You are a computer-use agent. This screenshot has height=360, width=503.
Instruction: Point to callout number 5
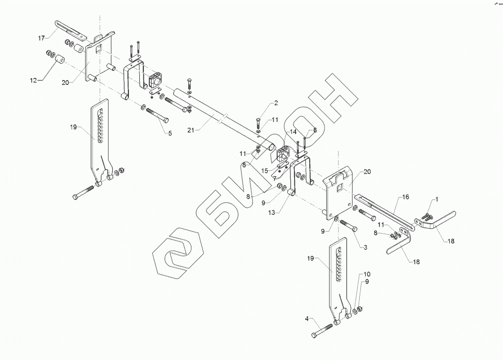tap(169, 133)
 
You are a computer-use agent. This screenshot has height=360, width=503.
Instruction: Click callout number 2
tap(275, 103)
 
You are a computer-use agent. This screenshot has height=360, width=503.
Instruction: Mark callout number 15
tap(265, 171)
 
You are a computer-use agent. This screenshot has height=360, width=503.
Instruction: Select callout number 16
tap(406, 197)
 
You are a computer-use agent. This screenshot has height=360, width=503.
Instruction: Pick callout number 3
tap(365, 246)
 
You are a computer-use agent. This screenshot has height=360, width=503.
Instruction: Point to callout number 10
tap(367, 274)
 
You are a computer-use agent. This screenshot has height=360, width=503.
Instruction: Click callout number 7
tap(274, 178)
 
